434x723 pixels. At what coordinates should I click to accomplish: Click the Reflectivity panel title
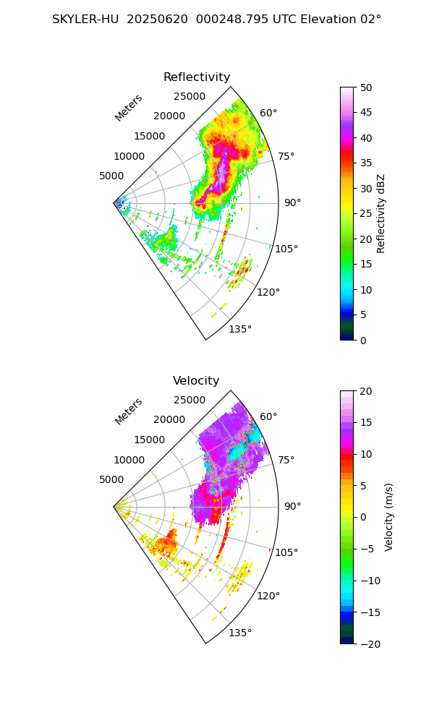pos(197,77)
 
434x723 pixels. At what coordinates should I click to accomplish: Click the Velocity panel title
pos(196,381)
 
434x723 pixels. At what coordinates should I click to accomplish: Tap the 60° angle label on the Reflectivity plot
pos(268,113)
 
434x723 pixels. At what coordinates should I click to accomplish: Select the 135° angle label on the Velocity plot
pos(240,633)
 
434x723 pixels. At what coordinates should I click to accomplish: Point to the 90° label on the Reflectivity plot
pos(292,202)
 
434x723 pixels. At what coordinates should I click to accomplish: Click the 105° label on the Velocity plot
pos(286,552)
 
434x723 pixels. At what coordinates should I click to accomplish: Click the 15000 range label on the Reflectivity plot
pos(148,136)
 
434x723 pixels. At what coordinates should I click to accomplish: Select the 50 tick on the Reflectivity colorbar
pos(366,87)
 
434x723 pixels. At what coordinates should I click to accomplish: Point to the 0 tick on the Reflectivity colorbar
pos(362,340)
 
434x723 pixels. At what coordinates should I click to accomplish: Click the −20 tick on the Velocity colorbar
pos(370,643)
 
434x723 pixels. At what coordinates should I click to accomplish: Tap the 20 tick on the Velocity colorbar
pos(366,391)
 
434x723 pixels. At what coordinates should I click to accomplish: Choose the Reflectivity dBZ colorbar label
pos(381,213)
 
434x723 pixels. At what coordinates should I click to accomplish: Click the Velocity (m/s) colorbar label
pos(389,517)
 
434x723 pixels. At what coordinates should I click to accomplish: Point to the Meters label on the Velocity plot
pos(129,411)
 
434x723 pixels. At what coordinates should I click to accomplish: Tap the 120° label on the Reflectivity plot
pos(268,292)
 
